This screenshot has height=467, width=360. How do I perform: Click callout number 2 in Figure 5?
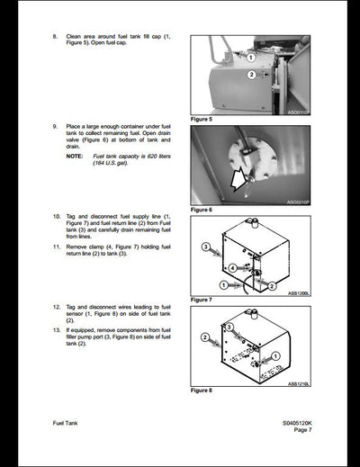[x=251, y=75]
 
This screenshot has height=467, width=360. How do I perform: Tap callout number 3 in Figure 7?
[x=205, y=246]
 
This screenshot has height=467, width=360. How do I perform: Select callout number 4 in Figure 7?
[x=232, y=267]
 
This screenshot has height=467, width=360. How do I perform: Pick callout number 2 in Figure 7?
[x=267, y=285]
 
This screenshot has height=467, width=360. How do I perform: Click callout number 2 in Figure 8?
[x=205, y=338]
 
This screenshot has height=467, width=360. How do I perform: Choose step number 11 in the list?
[x=56, y=246]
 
